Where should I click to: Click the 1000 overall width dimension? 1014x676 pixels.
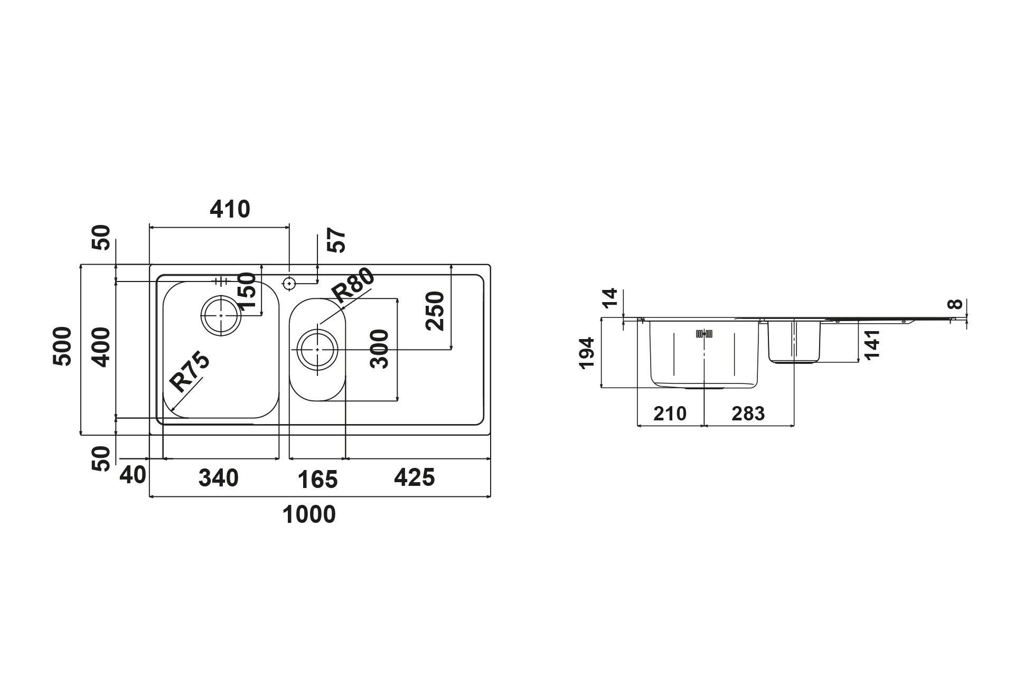coord(309,514)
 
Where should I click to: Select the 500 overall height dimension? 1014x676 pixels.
coord(63,346)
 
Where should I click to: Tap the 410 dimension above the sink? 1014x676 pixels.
coord(230,210)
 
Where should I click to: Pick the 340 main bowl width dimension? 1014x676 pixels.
coord(219,478)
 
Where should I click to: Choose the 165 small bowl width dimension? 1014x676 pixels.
coord(317,480)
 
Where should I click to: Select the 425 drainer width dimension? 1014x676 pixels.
coord(415,477)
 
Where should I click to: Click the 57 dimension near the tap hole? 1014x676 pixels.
coord(336,240)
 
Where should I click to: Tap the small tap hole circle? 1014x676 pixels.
coord(289,284)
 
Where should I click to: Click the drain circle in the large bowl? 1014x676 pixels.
coord(220,315)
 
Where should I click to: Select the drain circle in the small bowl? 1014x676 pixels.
coord(317,350)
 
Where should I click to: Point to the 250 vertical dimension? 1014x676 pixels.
coord(436,311)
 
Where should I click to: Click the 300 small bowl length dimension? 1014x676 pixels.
coord(380,349)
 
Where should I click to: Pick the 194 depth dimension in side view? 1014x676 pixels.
coord(587,353)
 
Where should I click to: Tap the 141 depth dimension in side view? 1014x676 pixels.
coord(872,344)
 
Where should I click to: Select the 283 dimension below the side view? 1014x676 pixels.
coord(748,414)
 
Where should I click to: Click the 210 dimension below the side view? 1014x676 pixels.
coord(670,414)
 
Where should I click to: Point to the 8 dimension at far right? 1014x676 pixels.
coord(954,304)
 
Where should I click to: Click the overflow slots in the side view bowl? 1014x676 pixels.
coord(705,334)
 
